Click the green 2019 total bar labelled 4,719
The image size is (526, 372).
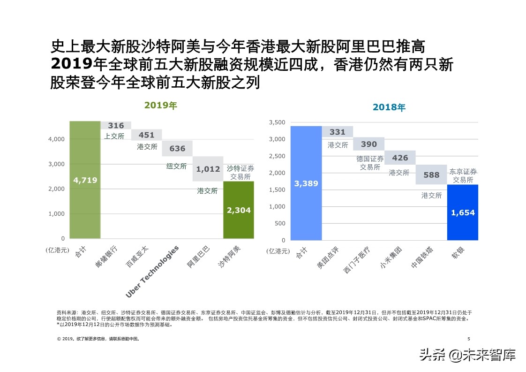[85, 180]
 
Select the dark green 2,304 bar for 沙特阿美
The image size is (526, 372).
[239, 210]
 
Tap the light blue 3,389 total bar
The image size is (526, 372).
[306, 183]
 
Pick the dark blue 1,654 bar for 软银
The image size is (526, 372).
[462, 212]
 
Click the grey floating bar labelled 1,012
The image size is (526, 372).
[208, 169]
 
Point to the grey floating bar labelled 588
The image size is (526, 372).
[431, 175]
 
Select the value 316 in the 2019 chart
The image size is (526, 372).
[116, 126]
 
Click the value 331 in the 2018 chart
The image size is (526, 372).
[337, 132]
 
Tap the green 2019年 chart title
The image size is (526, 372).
[160, 106]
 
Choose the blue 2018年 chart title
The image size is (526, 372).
[389, 107]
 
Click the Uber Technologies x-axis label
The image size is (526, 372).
[152, 272]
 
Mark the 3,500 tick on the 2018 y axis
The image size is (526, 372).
[277, 122]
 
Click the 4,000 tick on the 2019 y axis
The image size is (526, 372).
[57, 139]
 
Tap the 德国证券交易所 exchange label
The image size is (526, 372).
[369, 163]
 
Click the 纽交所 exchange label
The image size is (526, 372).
[176, 166]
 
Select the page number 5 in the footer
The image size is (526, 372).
[468, 339]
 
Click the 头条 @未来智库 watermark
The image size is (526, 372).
[467, 355]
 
